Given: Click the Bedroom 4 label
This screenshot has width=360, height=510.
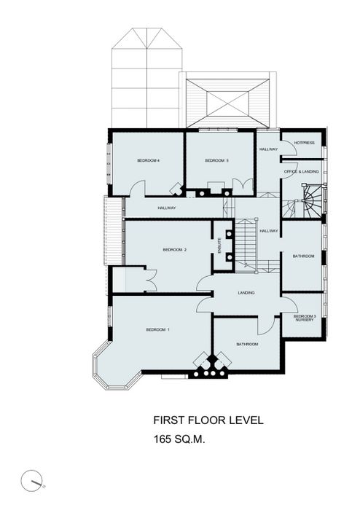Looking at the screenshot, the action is (148, 160).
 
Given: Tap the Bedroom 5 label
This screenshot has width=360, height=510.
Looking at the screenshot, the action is (217, 160).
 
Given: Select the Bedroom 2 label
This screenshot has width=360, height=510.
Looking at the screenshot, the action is (175, 250).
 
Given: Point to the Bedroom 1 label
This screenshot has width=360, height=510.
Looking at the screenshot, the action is (157, 330).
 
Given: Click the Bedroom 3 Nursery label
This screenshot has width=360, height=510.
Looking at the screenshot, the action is (305, 318).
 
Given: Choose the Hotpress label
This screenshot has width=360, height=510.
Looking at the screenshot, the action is (305, 143).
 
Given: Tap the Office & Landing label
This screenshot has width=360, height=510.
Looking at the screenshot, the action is (302, 171).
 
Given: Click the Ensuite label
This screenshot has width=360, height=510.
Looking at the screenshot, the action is (220, 246).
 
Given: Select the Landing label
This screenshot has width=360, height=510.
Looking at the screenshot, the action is (246, 293).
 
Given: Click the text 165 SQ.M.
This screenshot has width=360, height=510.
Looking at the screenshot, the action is (179, 439).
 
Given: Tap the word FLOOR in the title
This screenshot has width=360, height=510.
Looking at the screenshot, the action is (207, 420).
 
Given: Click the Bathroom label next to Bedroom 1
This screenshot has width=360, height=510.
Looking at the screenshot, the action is (247, 344).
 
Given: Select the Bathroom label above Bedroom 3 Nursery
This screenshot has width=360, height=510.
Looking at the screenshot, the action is (303, 256).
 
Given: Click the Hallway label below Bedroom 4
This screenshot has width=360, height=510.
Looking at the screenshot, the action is (167, 208).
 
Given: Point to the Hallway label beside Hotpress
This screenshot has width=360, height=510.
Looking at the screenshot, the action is (269, 149).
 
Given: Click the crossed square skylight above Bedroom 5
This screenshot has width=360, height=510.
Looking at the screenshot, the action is (228, 103).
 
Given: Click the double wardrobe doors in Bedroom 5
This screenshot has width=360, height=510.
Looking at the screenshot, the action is (243, 187).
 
